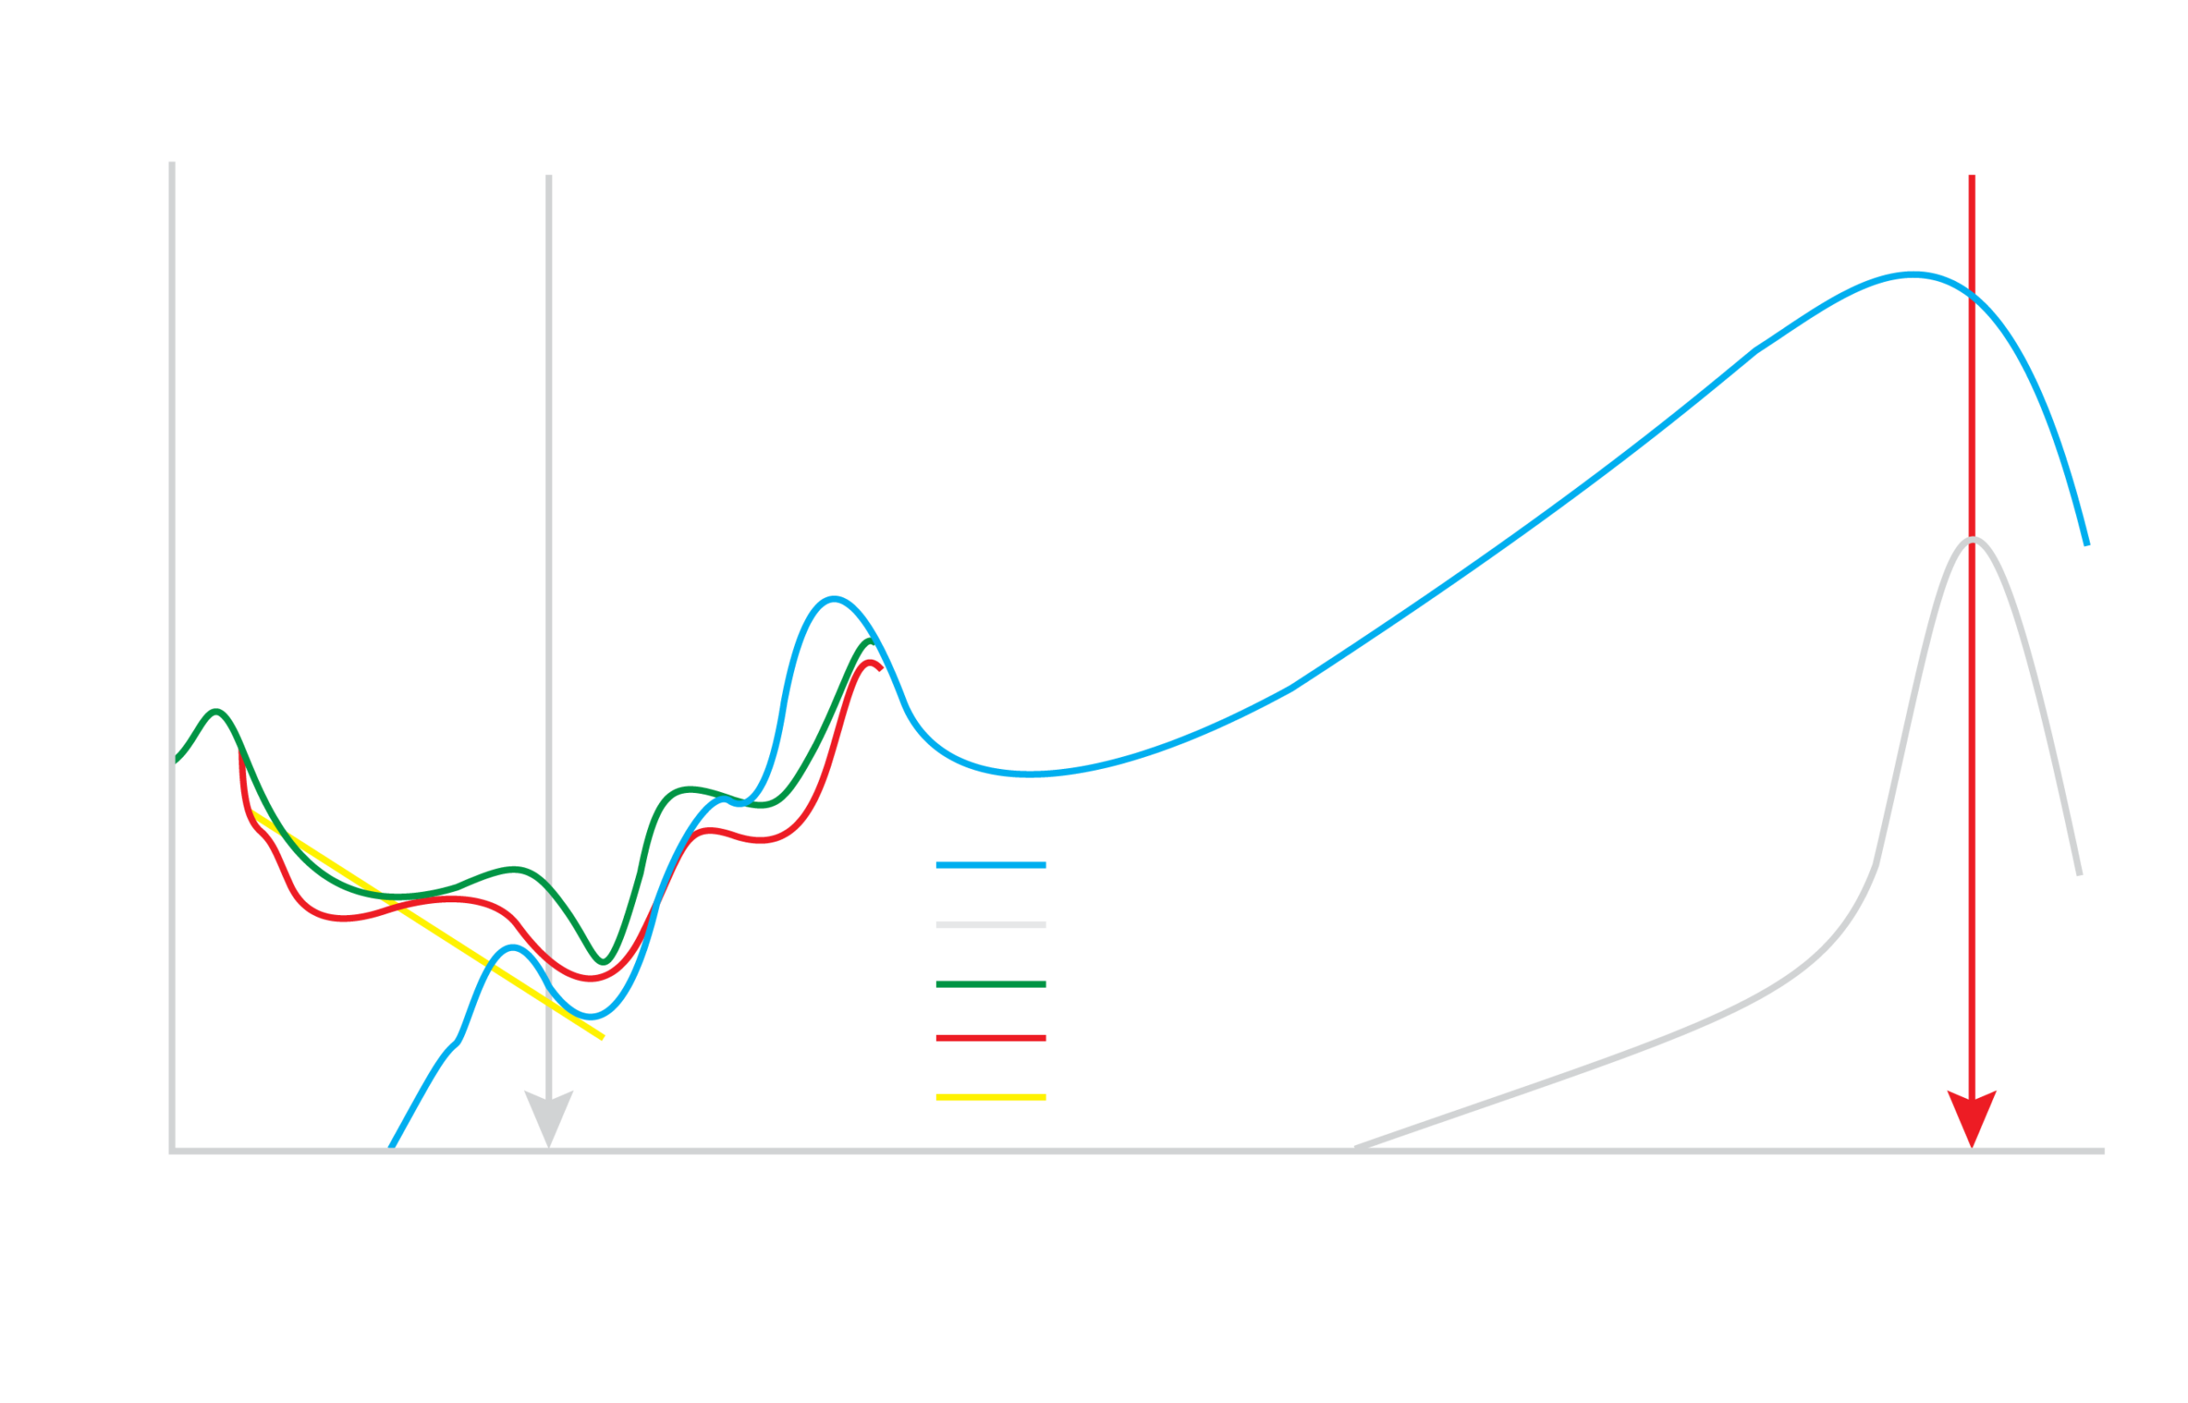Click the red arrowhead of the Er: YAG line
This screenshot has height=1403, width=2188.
(1971, 1117)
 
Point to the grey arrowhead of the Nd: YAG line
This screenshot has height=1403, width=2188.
(549, 1117)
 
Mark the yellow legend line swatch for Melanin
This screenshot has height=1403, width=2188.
(991, 1098)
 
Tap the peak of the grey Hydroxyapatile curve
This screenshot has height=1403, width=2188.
(1973, 540)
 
